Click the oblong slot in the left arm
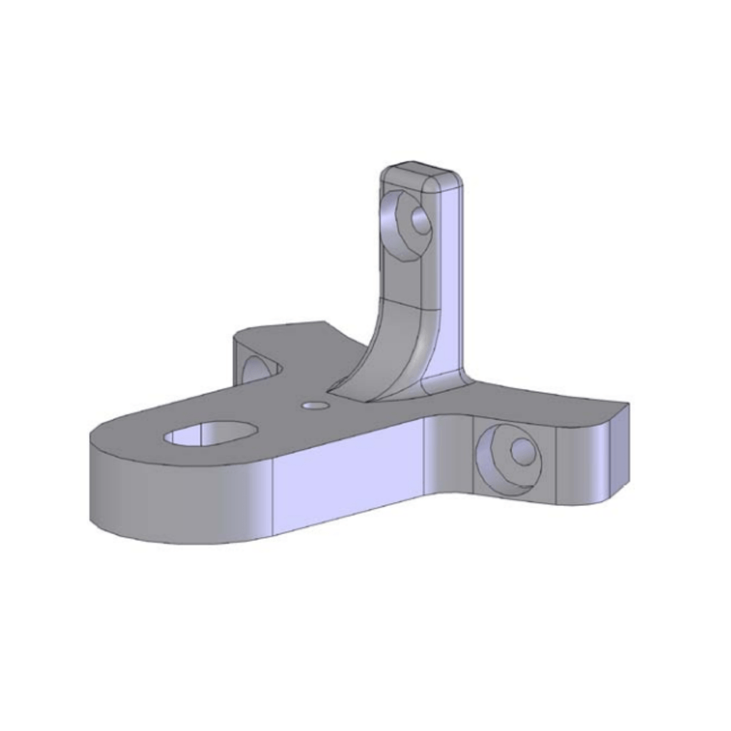point(210,435)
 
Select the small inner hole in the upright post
point(421,222)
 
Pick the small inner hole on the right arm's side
point(523,450)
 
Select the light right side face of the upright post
point(451,286)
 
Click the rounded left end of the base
point(114,493)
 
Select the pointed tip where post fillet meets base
point(329,390)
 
